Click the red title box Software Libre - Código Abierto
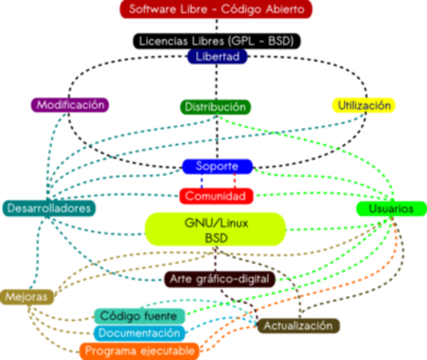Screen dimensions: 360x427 point(216,10)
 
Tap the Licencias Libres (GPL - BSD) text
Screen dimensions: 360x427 point(216,41)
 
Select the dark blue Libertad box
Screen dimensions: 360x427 point(217,57)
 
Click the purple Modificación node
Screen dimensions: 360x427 point(71,105)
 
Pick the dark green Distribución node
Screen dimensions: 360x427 point(215,107)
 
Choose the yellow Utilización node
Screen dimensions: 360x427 point(364,106)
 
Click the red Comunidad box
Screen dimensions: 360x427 point(215,196)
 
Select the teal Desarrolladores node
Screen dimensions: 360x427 point(49,208)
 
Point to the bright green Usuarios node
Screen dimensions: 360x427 point(390,208)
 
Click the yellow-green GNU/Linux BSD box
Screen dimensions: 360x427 point(215,229)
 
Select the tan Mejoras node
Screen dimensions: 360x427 point(26,297)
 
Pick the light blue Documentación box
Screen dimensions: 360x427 point(140,332)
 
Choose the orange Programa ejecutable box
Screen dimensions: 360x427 point(140,350)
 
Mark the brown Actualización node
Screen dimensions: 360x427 point(298,326)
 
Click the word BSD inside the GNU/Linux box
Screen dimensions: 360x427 point(215,238)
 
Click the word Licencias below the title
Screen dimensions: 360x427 point(163,41)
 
